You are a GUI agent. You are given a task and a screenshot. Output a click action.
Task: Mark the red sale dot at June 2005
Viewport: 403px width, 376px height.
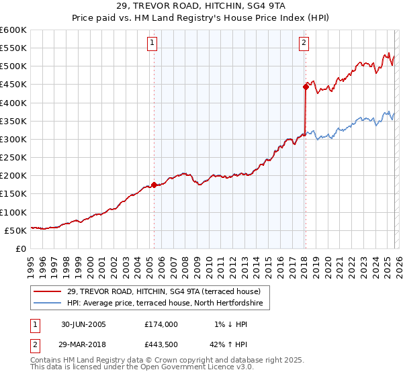[x=154, y=185]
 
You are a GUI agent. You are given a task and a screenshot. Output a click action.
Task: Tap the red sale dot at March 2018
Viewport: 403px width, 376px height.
[x=305, y=87]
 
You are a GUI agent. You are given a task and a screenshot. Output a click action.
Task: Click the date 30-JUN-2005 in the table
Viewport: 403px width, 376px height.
[x=81, y=324]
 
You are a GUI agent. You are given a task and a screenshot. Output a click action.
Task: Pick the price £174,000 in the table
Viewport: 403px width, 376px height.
[x=161, y=324]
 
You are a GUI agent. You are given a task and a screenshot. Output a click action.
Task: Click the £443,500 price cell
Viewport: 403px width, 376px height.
[x=161, y=344]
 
